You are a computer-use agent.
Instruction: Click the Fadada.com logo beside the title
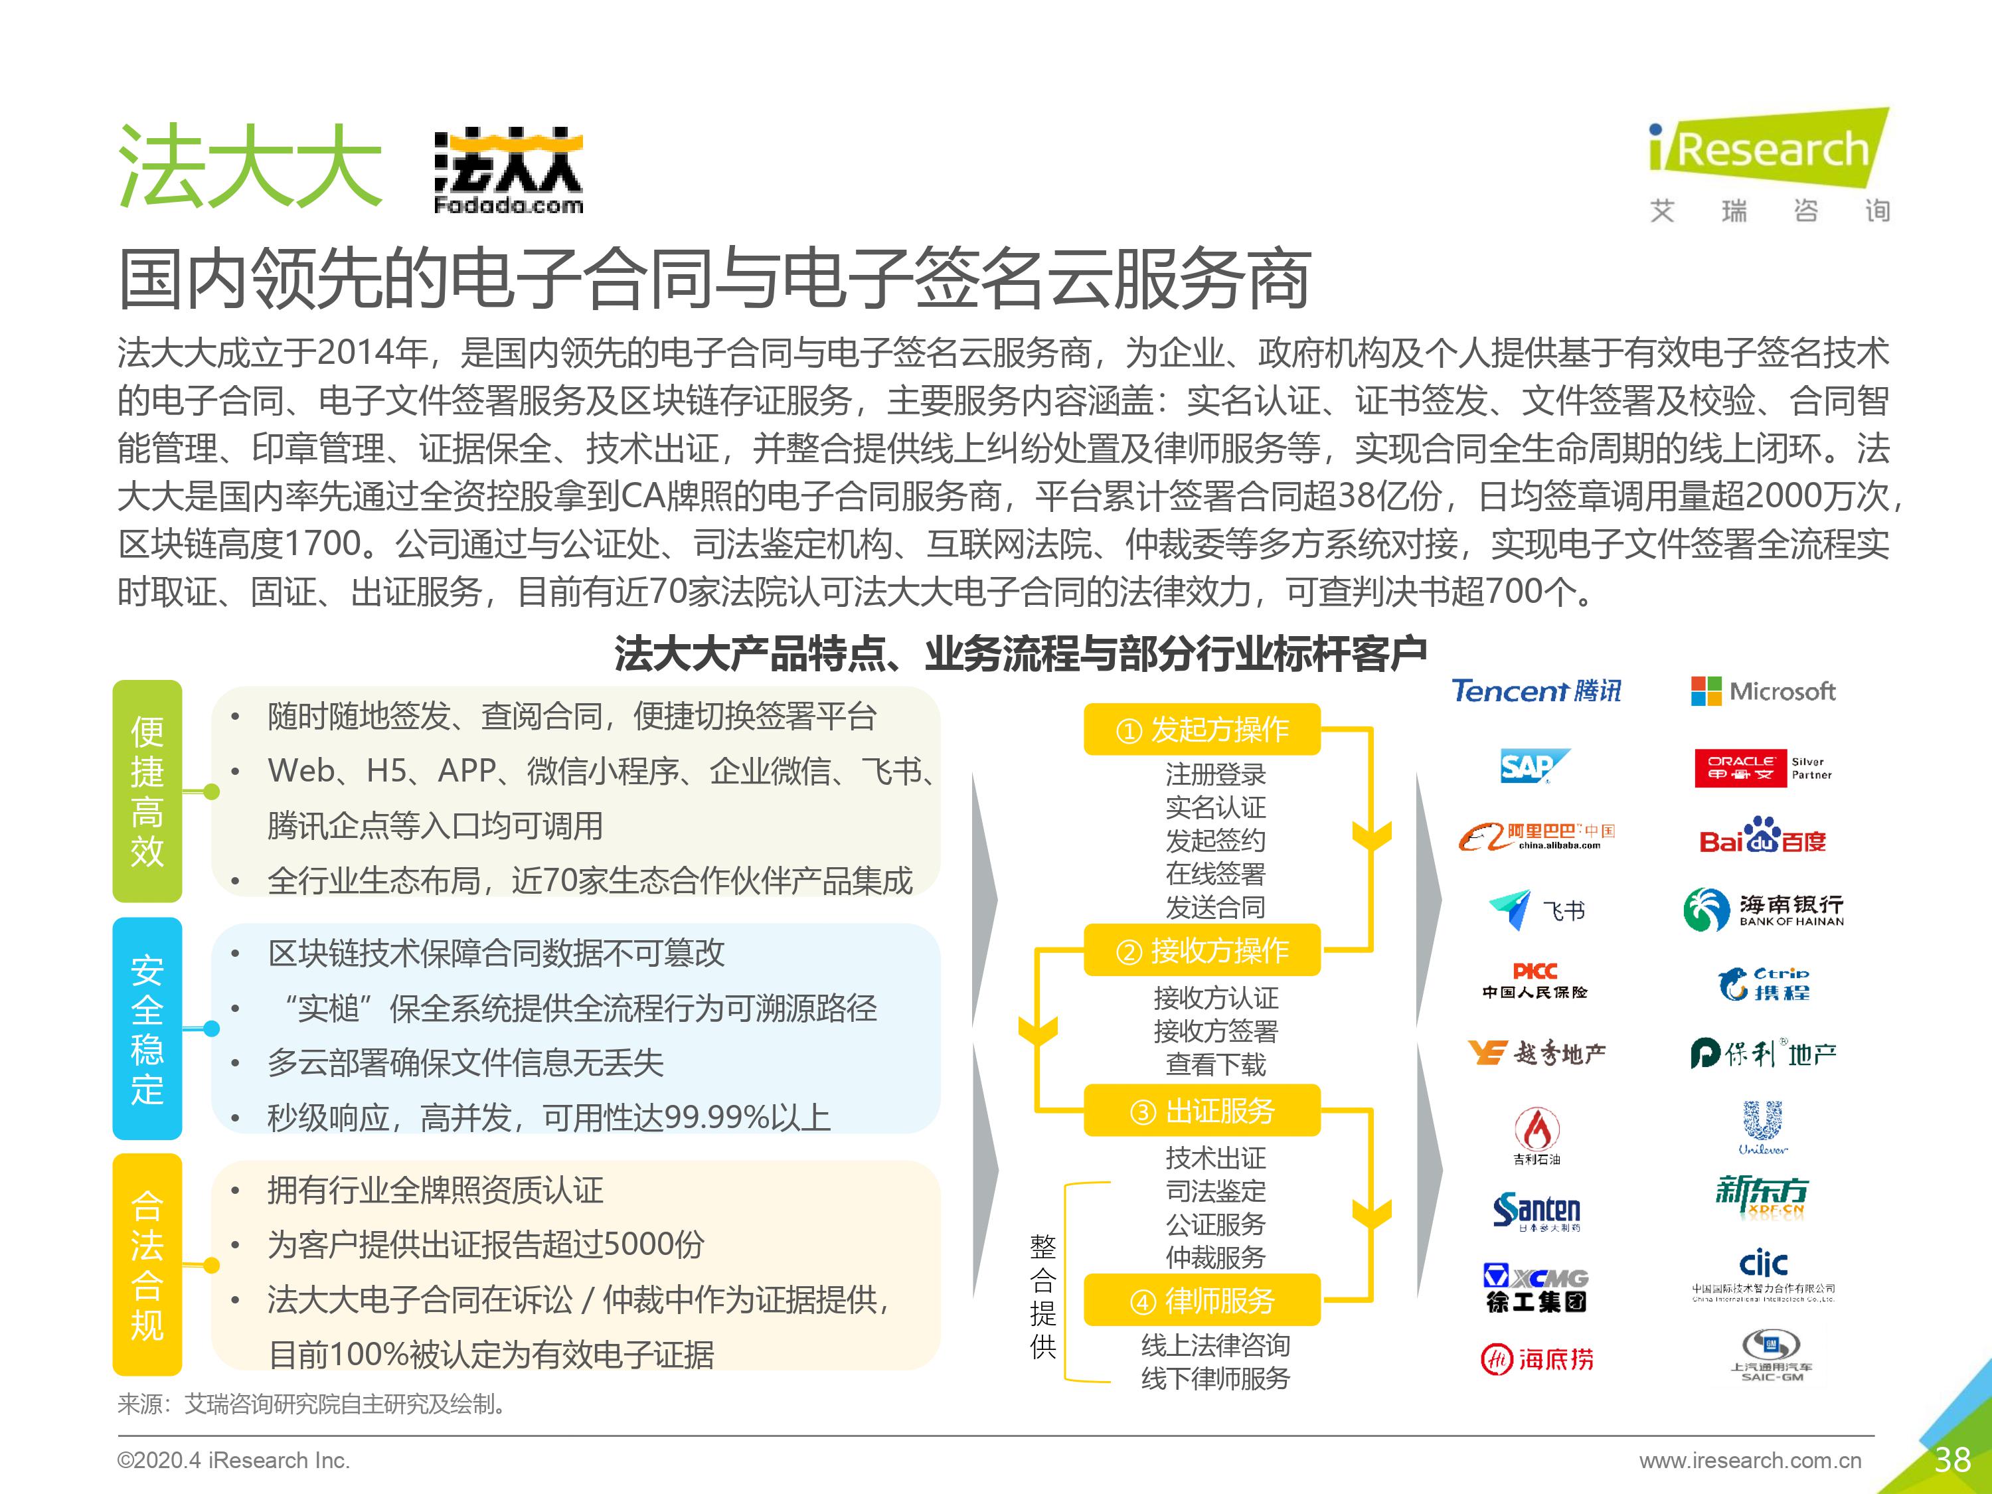[x=508, y=172]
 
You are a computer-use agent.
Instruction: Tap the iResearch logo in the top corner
[x=1768, y=165]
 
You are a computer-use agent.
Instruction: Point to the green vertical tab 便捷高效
[x=147, y=791]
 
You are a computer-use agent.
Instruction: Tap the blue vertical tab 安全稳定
[x=147, y=1029]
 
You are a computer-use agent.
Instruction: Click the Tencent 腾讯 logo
[x=1536, y=691]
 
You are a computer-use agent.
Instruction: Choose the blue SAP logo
[x=1534, y=766]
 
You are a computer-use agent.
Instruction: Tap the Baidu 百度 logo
[x=1762, y=837]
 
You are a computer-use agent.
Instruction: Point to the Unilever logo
[x=1762, y=1127]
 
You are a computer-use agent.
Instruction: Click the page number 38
[x=1951, y=1459]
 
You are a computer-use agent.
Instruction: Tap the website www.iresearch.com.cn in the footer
[x=1750, y=1461]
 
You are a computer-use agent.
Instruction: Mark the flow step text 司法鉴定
[x=1216, y=1191]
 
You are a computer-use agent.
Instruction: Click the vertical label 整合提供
[x=1043, y=1296]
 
